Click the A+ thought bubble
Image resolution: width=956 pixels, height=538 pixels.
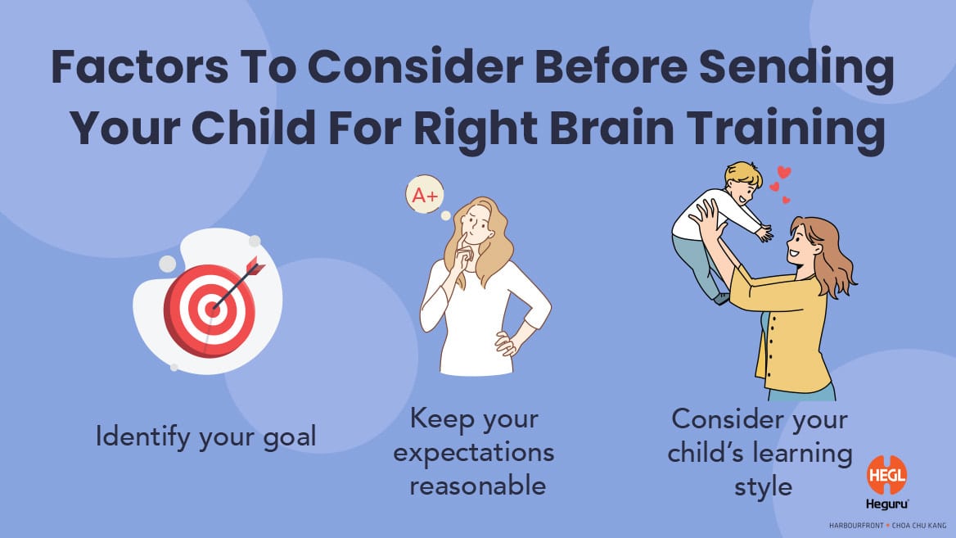(424, 195)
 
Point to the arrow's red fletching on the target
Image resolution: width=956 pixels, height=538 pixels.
(255, 267)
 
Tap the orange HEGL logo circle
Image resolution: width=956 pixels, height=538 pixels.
(886, 475)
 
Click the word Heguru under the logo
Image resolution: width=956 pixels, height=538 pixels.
(887, 504)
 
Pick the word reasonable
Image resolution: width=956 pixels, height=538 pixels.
(477, 486)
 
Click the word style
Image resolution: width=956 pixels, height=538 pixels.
(763, 487)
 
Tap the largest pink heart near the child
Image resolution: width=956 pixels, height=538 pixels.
(784, 173)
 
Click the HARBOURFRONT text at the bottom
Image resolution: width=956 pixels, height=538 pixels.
(856, 525)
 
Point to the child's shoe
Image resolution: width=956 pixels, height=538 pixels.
(722, 298)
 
